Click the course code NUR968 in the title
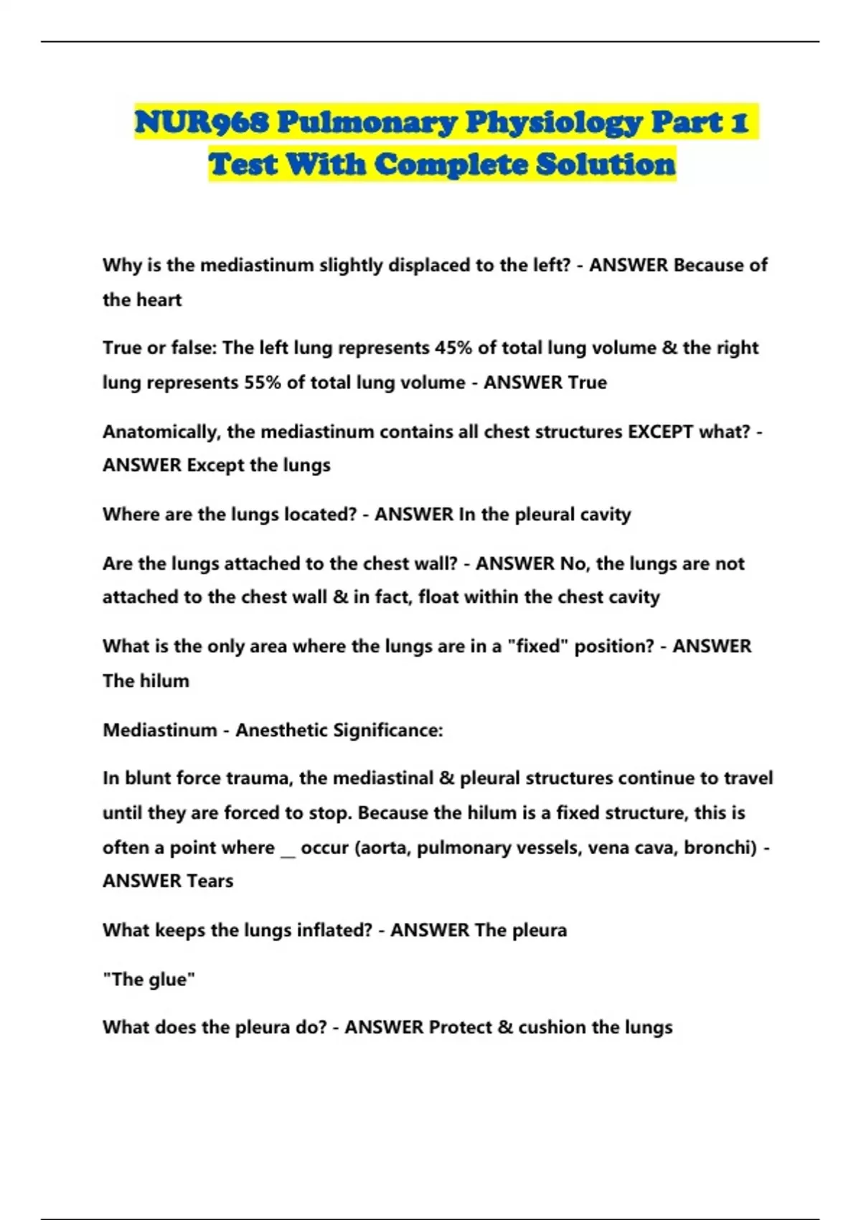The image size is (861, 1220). click(202, 123)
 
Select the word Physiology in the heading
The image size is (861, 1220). click(552, 123)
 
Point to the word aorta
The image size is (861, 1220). click(383, 848)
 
